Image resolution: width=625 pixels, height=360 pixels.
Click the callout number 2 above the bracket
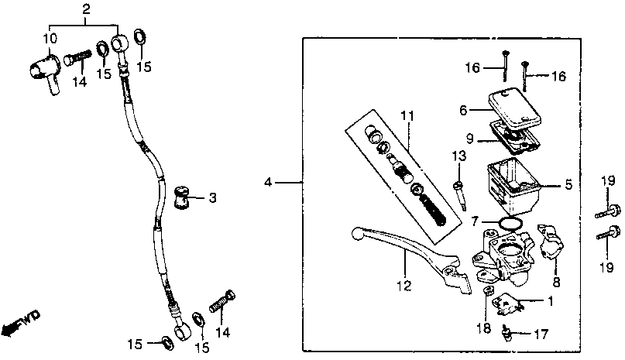[86, 9]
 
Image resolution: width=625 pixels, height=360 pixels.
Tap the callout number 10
[49, 39]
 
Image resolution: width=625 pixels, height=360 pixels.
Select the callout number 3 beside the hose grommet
[211, 197]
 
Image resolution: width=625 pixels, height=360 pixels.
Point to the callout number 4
[268, 183]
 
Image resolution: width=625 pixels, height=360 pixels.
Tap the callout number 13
[459, 156]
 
